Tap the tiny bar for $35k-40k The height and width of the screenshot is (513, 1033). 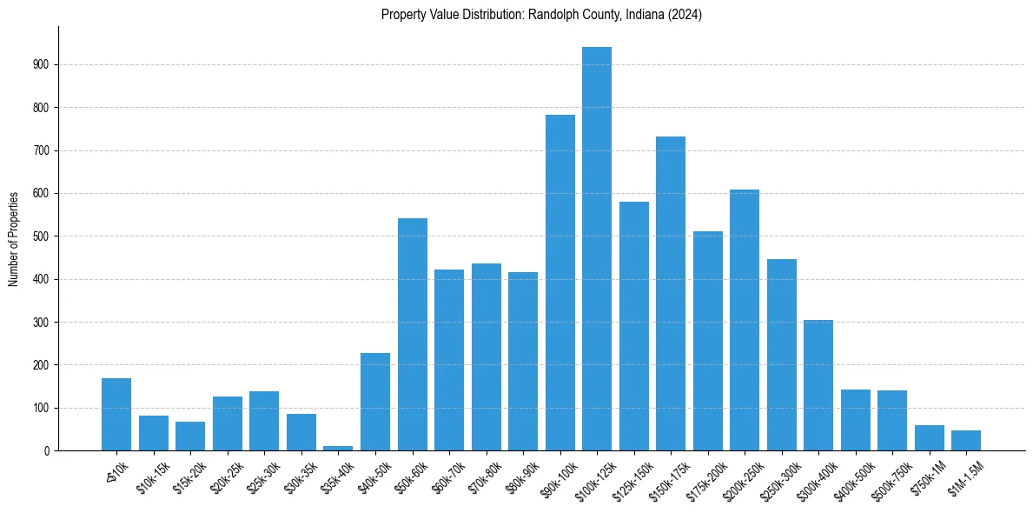coord(338,448)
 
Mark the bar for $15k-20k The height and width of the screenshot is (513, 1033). coord(190,436)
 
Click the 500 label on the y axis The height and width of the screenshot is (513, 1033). coord(44,237)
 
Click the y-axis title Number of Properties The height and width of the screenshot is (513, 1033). coord(13,238)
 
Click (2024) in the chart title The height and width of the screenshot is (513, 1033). coord(686,15)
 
